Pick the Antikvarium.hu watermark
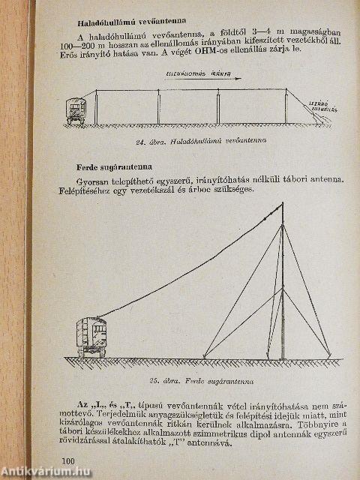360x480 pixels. (x=46, y=471)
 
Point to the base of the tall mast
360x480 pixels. (x=282, y=356)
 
